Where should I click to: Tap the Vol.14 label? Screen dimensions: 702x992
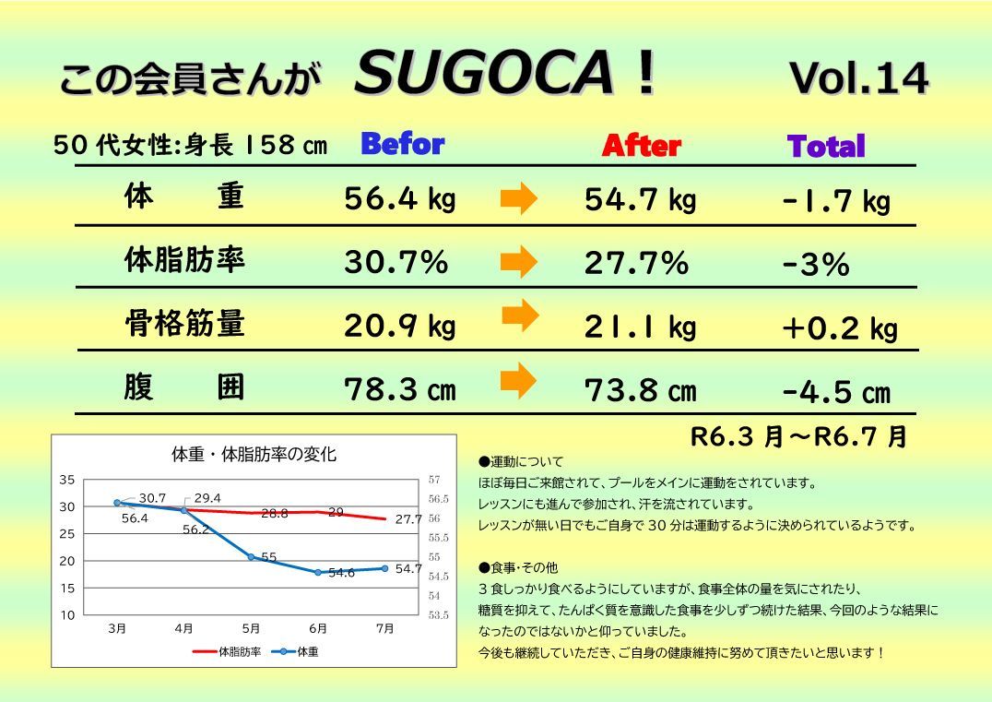[x=858, y=79]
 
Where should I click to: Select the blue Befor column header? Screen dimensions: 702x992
[x=402, y=144]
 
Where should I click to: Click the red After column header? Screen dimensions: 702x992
[x=641, y=146]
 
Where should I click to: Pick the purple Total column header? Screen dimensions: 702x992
[x=826, y=147]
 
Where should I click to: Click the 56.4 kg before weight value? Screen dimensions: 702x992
[x=399, y=199]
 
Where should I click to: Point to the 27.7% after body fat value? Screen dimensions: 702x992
[x=636, y=263]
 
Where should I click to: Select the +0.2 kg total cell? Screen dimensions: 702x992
[x=838, y=329]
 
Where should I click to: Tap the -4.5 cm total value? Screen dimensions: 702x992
[x=836, y=392]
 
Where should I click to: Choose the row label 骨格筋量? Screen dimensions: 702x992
[x=184, y=324]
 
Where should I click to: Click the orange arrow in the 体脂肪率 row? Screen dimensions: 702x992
[x=518, y=262]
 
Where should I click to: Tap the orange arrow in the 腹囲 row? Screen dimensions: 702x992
[x=518, y=379]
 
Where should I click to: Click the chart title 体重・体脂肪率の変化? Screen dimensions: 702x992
[x=254, y=455]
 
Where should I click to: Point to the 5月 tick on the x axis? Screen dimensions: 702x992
[x=251, y=629]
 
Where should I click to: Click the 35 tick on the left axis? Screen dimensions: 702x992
[x=66, y=480]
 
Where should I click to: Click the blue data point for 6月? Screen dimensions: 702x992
[x=318, y=572]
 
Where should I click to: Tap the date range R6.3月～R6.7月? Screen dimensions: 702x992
[x=798, y=435]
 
